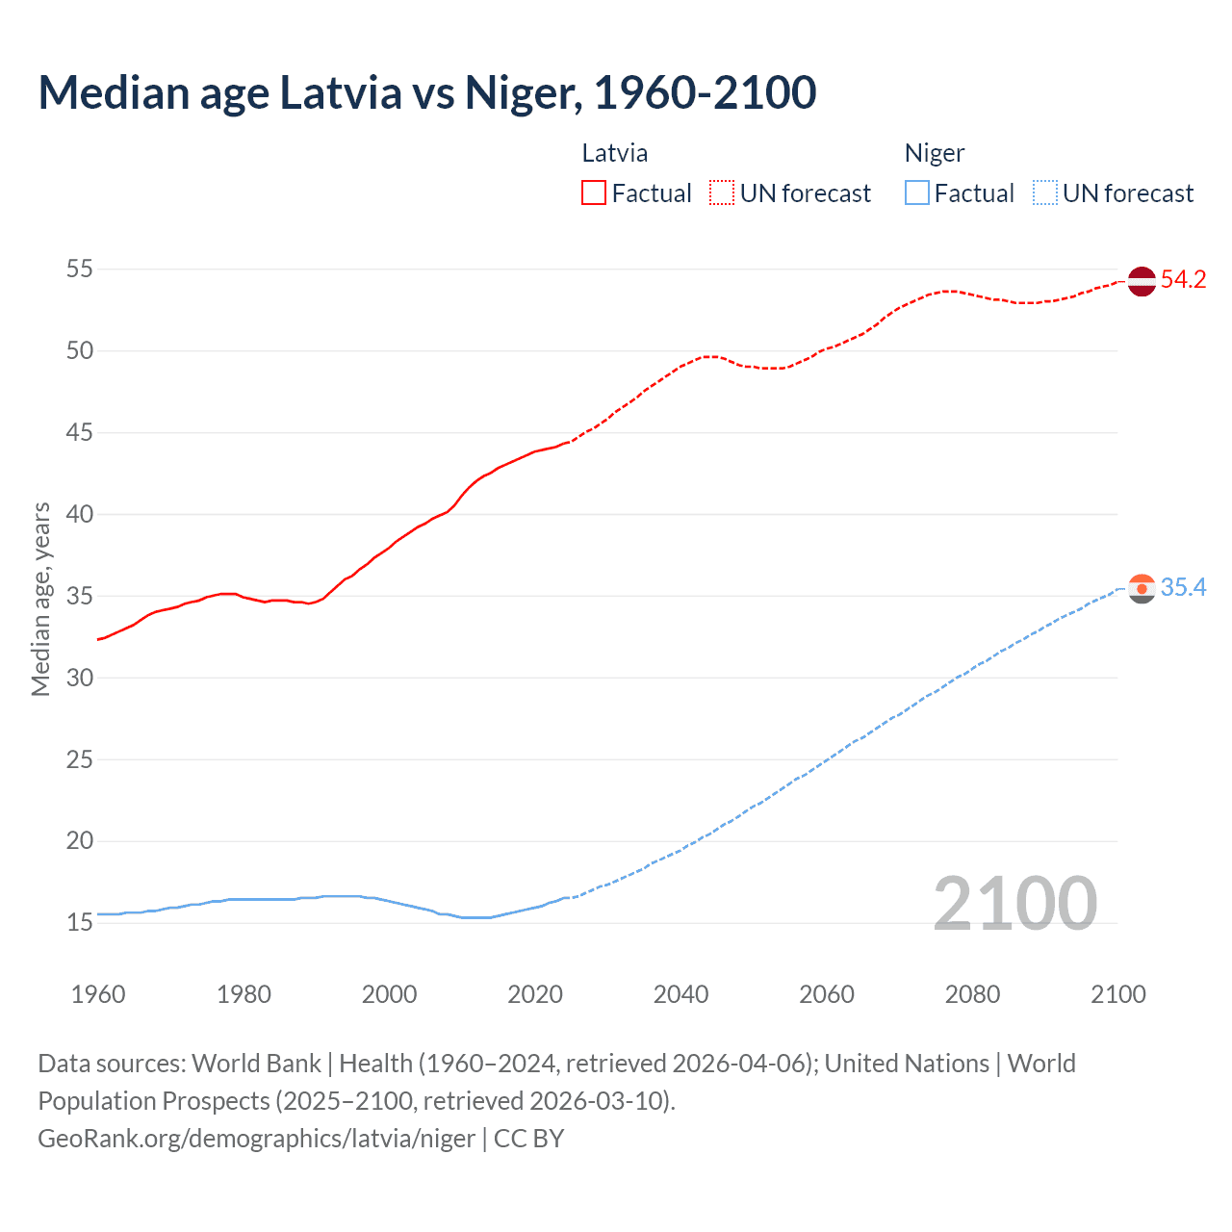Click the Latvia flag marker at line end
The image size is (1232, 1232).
(x=1142, y=281)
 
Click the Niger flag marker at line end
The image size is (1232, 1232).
(x=1142, y=588)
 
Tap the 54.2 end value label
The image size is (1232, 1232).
(x=1183, y=280)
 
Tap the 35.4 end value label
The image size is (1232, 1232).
(x=1183, y=587)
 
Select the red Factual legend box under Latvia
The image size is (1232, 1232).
(x=594, y=193)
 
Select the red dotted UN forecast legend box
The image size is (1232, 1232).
(x=722, y=193)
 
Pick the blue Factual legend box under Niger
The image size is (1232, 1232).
(x=917, y=193)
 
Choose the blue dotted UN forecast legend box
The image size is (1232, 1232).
(x=1044, y=193)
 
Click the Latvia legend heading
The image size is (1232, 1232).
(x=615, y=153)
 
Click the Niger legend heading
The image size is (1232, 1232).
(x=935, y=153)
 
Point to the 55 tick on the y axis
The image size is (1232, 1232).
(x=80, y=269)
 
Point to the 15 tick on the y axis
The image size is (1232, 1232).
(x=80, y=923)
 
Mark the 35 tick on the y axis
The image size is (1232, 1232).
(x=80, y=597)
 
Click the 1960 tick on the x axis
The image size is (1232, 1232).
(x=98, y=994)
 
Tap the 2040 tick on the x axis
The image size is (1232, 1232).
(x=680, y=994)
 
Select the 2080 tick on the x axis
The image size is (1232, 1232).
(x=972, y=994)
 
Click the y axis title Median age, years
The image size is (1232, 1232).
(x=40, y=599)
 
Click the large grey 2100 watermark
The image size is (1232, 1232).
(x=1014, y=904)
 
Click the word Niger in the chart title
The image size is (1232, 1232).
(x=523, y=93)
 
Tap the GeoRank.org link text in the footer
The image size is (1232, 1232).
(x=256, y=1139)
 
